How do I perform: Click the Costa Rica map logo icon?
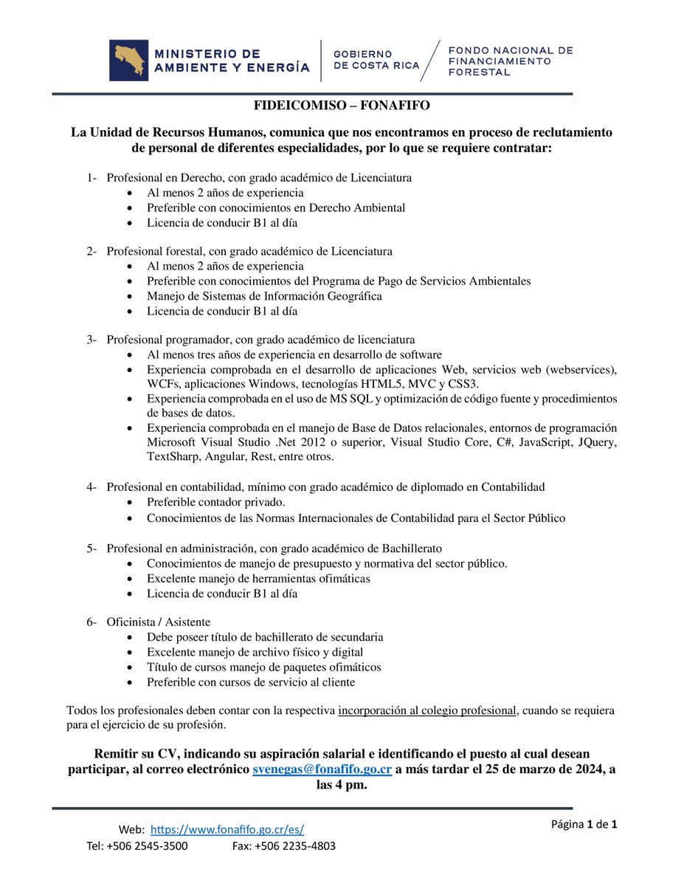tap(128, 61)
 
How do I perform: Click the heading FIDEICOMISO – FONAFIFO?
tap(342, 106)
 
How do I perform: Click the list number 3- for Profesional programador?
tap(91, 340)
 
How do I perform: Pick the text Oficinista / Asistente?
tap(159, 622)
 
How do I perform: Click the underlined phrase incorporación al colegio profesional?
tap(426, 710)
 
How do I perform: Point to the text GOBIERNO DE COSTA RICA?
tap(376, 60)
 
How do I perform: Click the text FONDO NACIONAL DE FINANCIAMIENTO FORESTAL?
tap(511, 61)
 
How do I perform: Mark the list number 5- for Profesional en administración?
tap(91, 548)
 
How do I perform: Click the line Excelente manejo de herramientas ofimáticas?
tap(258, 578)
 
